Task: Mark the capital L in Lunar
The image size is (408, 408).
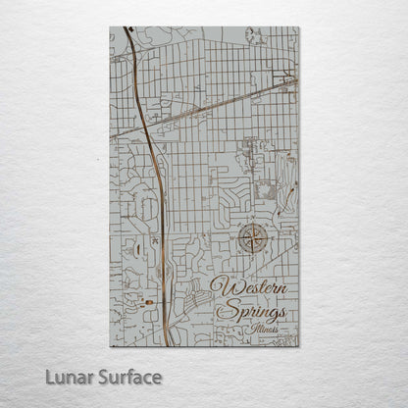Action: tap(49, 377)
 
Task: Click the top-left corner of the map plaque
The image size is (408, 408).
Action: tap(110, 27)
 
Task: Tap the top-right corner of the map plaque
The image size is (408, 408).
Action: tap(299, 27)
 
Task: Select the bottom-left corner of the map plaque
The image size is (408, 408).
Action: tap(110, 346)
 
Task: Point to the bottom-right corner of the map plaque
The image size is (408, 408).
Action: tap(299, 346)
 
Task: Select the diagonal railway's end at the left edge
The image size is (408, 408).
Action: tap(111, 136)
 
